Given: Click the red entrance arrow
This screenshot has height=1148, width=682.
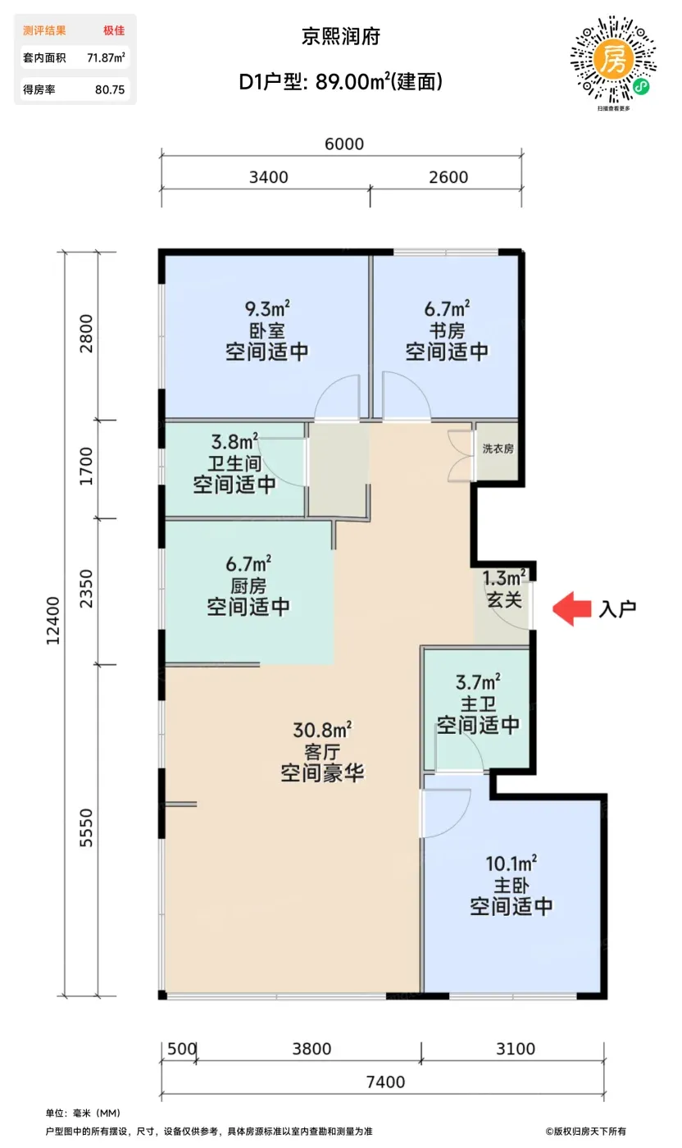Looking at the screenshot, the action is [571, 608].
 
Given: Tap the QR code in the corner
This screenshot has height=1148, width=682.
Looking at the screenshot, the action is [613, 60].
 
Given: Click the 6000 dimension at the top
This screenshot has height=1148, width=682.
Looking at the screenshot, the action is [344, 144].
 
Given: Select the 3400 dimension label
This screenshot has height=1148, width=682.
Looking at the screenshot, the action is [269, 177].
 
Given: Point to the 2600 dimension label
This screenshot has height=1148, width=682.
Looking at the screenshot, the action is [448, 177].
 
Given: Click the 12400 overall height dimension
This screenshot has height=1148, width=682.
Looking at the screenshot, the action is [52, 621].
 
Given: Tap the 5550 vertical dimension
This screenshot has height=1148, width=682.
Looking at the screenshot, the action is [86, 827].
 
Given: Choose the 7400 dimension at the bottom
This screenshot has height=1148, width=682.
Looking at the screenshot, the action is [386, 1082].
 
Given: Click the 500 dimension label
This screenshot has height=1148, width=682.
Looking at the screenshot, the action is [182, 1049].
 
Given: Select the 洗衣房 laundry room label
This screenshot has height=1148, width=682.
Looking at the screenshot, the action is [498, 449].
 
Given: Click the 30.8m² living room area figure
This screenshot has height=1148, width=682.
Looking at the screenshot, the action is [322, 729].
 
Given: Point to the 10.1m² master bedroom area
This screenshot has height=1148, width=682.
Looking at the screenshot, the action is [511, 863].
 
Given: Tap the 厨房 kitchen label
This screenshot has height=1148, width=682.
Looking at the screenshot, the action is [248, 585].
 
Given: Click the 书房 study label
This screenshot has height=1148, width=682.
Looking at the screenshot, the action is [447, 330].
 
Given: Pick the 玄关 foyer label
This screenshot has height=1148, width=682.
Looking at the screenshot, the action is [504, 599].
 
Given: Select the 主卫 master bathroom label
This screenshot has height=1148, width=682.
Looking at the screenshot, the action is [478, 704].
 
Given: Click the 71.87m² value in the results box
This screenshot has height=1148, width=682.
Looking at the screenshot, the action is [106, 57].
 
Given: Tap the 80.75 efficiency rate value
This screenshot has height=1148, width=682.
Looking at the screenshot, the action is [110, 89].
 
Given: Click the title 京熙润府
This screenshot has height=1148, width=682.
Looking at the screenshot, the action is [341, 37].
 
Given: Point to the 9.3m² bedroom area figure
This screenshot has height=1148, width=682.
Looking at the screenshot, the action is [267, 308].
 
